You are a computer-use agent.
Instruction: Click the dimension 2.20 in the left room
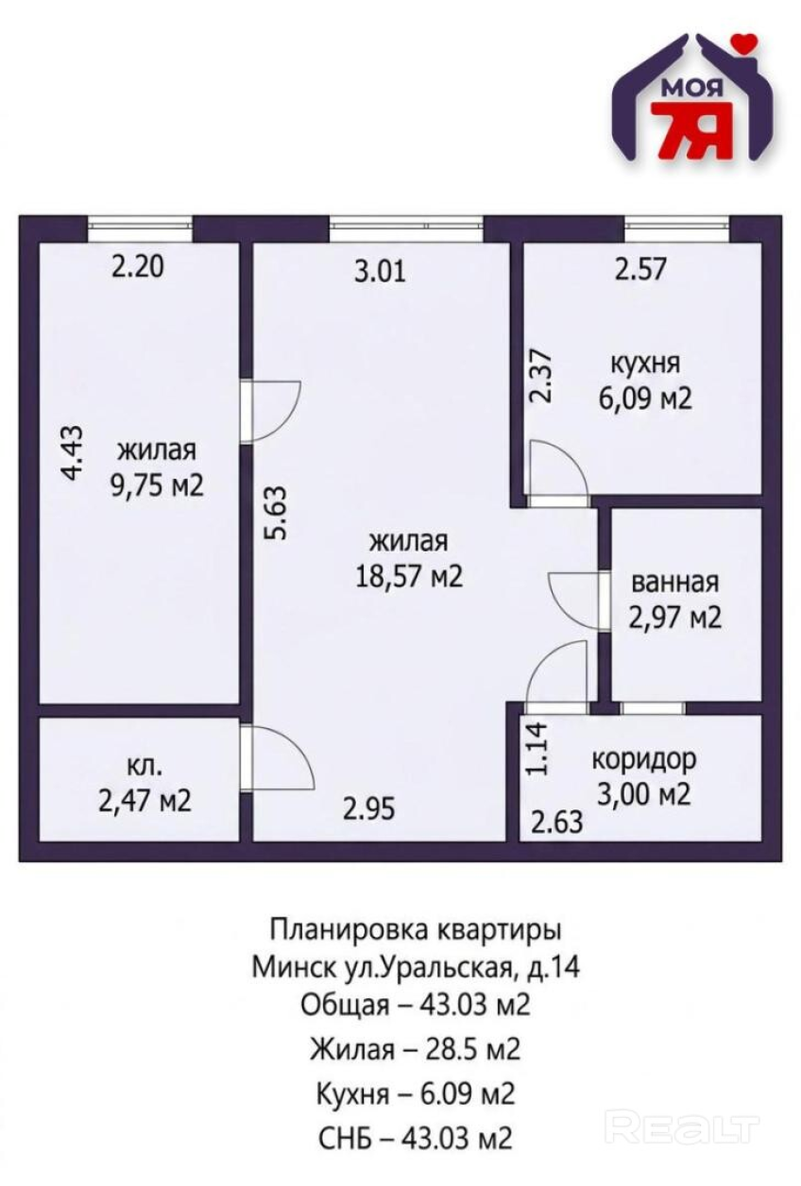point(138,266)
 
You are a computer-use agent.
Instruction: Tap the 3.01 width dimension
point(380,271)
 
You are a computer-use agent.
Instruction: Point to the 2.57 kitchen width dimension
point(640,269)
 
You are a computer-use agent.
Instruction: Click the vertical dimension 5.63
point(277,513)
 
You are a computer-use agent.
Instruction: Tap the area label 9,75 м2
point(157,485)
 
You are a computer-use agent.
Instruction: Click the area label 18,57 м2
point(409,576)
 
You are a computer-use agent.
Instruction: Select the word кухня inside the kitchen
point(645,364)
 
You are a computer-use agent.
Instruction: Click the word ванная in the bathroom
point(675,583)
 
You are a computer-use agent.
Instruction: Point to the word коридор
point(644,760)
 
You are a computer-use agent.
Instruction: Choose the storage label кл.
point(145,766)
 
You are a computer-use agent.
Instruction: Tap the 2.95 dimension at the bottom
point(368,809)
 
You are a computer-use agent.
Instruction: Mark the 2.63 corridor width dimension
point(557,822)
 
